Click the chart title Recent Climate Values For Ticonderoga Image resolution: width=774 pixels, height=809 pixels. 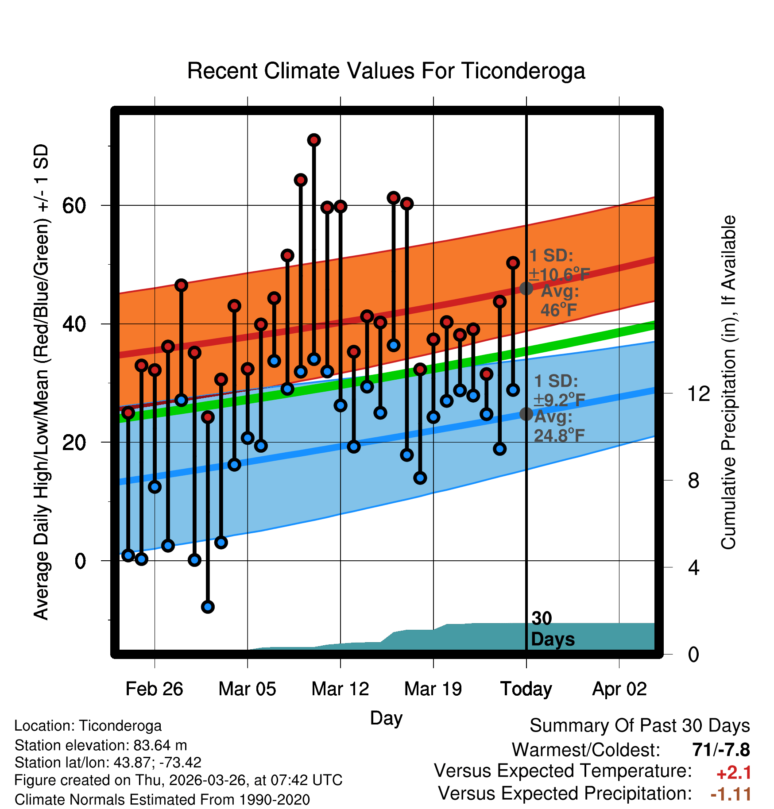point(386,71)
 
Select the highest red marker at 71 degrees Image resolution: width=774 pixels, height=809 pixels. point(314,140)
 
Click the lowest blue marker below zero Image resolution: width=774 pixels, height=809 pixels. point(208,607)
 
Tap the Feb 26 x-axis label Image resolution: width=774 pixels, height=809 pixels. point(154,689)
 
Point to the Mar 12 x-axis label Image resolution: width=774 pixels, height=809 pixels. point(340,689)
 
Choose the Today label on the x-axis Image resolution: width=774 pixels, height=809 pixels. point(526,689)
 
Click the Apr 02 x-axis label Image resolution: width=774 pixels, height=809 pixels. point(619,689)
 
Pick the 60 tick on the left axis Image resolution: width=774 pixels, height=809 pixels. point(74,206)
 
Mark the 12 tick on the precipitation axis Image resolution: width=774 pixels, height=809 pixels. point(698,393)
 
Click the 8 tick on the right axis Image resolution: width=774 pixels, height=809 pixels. point(694,480)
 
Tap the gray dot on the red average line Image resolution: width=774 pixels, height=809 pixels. point(526,289)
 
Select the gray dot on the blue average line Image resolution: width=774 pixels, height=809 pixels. point(526,414)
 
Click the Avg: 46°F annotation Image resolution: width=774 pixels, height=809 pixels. point(560,301)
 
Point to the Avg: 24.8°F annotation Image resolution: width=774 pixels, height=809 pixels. point(559,426)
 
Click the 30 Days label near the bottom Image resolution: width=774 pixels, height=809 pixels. point(553,629)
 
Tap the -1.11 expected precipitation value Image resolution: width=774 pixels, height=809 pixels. point(731,794)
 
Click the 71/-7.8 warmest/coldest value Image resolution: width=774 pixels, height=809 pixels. point(721,750)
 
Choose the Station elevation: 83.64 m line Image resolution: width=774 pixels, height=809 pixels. point(101,745)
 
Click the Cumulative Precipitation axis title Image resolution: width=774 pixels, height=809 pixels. point(728,382)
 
